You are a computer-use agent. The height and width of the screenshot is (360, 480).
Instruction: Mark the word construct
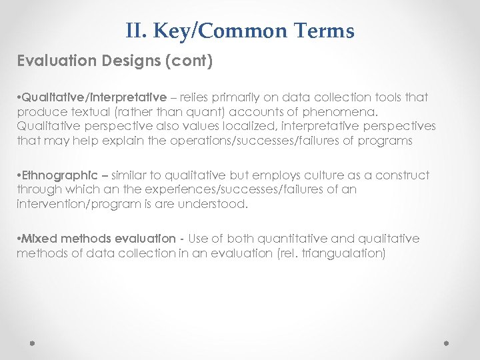[x=403, y=175]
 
